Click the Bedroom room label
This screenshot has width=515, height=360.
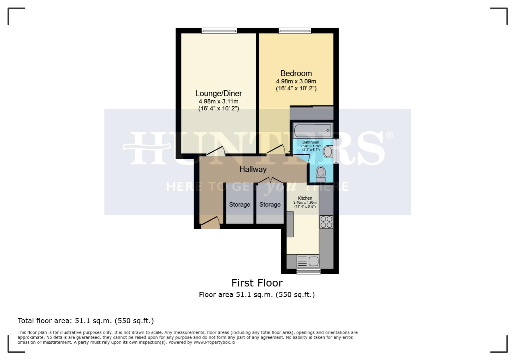click(296, 73)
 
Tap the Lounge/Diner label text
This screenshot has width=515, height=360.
click(218, 93)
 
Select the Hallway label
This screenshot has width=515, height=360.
click(253, 169)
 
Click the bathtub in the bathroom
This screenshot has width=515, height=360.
click(313, 129)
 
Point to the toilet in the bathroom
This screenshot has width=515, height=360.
click(321, 174)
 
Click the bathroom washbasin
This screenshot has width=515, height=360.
click(328, 152)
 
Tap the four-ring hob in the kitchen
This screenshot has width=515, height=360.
click(326, 222)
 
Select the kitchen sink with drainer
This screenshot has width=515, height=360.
click(308, 261)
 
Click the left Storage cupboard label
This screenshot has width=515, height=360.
click(239, 205)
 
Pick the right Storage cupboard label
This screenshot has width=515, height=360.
click(270, 205)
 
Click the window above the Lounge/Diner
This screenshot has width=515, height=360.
click(219, 31)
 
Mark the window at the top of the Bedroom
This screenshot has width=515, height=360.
click(295, 31)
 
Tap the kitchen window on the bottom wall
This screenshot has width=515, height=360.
click(309, 271)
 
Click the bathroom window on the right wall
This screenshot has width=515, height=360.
click(336, 151)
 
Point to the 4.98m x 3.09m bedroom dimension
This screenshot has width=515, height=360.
click(296, 81)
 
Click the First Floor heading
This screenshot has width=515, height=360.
click(257, 283)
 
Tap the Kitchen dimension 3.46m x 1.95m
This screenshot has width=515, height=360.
click(305, 203)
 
